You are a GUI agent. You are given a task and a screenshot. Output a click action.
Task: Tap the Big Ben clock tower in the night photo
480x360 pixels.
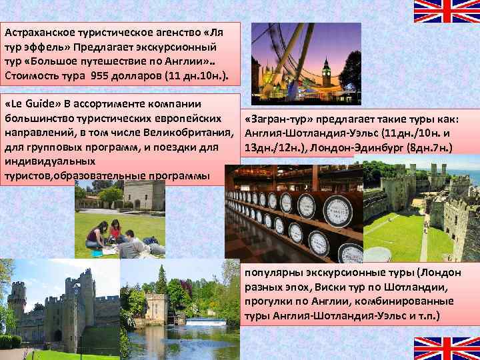326,73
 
